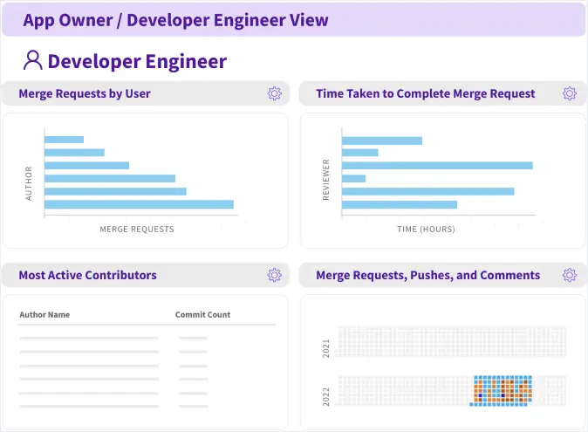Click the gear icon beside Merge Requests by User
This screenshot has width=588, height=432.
275,93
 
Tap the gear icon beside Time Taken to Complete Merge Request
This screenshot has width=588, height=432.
570,93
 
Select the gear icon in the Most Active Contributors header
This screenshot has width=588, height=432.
275,275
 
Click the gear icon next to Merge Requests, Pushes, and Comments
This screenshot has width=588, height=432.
570,275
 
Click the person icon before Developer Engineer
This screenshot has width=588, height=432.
33,60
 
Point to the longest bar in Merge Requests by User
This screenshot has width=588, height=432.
139,204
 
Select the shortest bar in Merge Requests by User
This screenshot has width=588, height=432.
64,140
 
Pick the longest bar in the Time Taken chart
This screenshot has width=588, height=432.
437,165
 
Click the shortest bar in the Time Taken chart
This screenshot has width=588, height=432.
353,179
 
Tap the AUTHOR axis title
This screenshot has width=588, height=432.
29,183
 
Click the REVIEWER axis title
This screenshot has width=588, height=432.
326,180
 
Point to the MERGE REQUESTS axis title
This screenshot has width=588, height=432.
137,230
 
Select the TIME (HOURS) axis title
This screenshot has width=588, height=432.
426,230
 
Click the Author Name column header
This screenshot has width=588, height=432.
44,314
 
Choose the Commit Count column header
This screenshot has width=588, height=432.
202,314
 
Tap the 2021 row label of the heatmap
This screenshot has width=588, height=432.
326,348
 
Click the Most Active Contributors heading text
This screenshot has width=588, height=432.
87,275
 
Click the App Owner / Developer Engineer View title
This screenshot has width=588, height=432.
175,20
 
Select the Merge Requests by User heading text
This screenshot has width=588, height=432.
85,93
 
